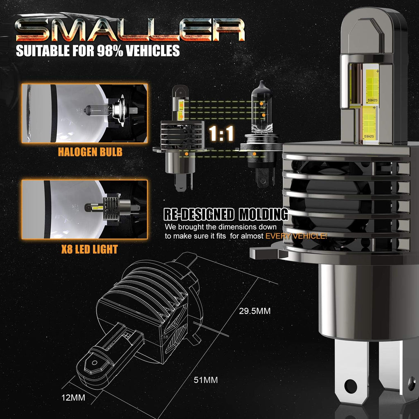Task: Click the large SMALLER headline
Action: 130,29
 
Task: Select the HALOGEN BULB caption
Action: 90,152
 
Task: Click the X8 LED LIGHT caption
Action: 90,249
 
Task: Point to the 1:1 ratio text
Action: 221,133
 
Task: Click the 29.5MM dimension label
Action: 255,311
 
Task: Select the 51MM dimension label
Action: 206,380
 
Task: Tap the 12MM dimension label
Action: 73,398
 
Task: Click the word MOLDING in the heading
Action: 264,214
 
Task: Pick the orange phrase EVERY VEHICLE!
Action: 296,236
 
